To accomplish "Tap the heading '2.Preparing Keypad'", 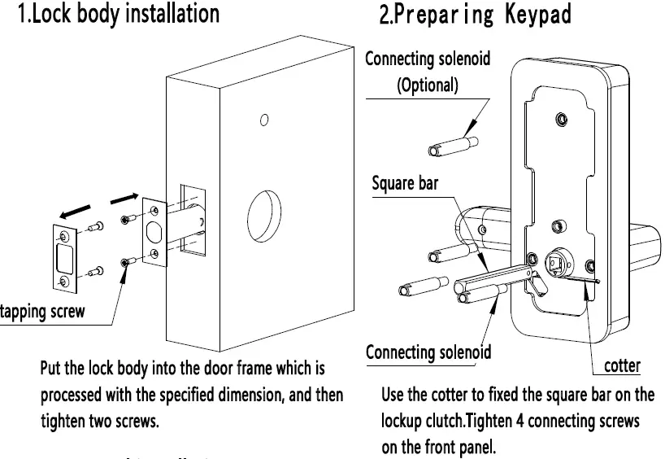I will coord(475,14).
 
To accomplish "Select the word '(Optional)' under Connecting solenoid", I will coord(428,85).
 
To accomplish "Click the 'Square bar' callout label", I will coord(405,183).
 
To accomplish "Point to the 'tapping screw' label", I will coord(42,313).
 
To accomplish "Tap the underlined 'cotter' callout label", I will coord(623,365).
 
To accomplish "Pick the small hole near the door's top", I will coord(264,121).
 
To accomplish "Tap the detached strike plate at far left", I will coord(62,258).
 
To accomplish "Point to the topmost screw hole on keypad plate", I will coord(559,120).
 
